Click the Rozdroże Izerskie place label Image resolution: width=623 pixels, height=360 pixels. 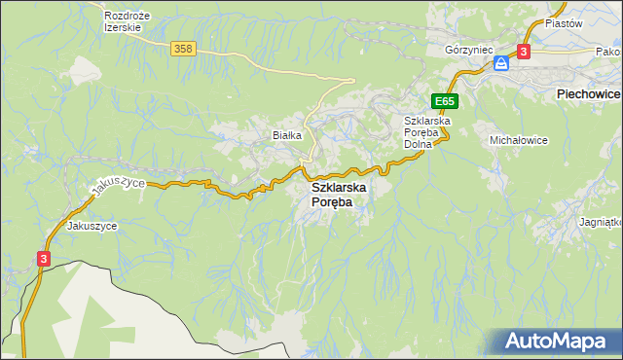(x=124, y=21)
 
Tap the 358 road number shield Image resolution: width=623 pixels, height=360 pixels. (x=181, y=49)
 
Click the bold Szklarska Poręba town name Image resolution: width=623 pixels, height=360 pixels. (x=332, y=194)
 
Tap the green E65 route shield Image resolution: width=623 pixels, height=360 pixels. (x=445, y=101)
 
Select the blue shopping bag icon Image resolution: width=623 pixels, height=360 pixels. (x=500, y=63)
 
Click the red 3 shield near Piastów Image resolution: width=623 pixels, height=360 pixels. (x=524, y=51)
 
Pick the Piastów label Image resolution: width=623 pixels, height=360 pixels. (x=563, y=22)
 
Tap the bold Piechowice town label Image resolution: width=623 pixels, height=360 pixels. (x=588, y=93)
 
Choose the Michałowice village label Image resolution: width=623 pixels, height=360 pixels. (x=519, y=140)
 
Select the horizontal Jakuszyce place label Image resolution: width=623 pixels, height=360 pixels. (x=92, y=226)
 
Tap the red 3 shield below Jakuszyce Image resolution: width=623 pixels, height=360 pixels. (x=44, y=258)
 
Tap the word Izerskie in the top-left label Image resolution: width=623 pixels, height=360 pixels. (x=124, y=27)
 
